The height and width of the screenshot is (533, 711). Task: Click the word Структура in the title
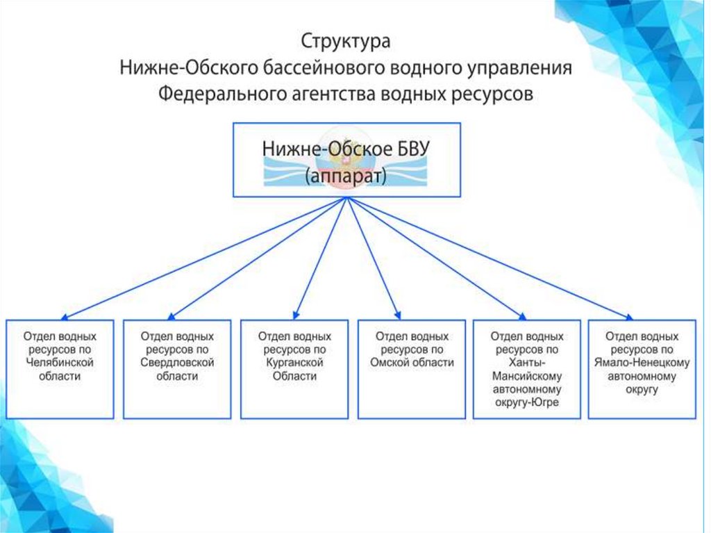click(345, 41)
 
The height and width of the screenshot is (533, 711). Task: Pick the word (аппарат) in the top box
click(345, 177)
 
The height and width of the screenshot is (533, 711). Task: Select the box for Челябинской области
click(60, 368)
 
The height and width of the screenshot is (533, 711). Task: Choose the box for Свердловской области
click(177, 368)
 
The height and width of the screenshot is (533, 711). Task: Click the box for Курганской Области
click(294, 368)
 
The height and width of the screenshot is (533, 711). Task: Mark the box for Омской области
click(412, 368)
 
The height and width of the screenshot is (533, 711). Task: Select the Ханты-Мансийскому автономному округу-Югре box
click(526, 368)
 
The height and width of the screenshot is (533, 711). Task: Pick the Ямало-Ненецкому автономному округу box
click(642, 368)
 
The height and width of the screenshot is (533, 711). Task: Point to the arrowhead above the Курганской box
click(296, 314)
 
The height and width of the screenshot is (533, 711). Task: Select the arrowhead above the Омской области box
click(397, 314)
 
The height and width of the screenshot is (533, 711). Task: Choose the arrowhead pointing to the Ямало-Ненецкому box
click(628, 315)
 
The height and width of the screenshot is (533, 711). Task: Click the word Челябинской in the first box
click(60, 363)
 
